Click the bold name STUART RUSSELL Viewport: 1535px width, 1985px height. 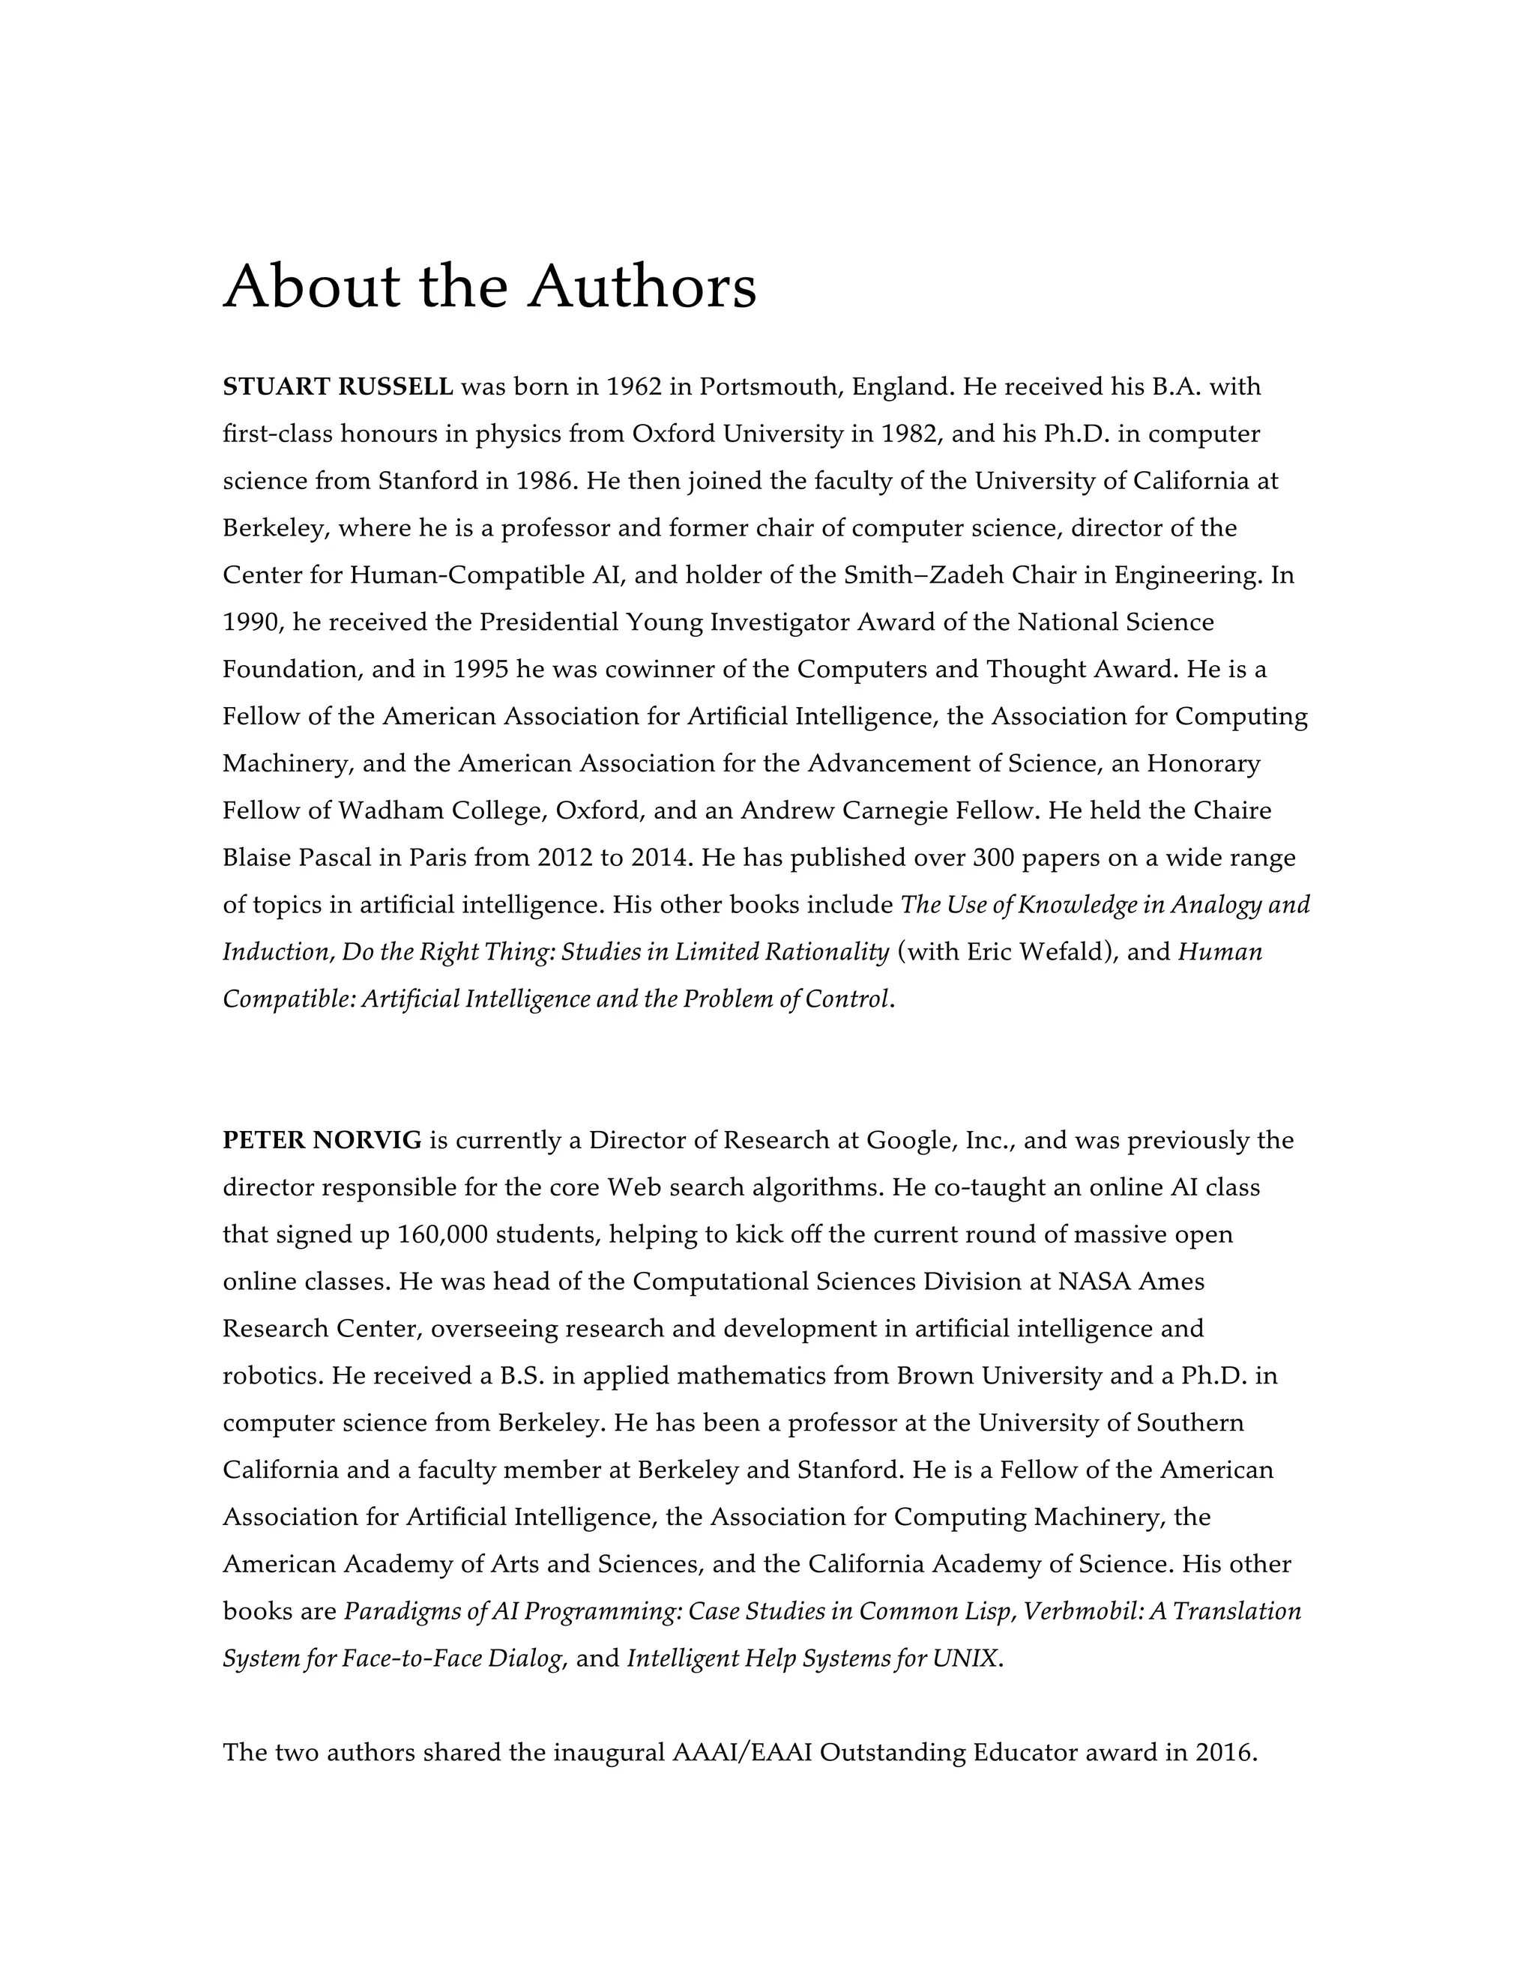pyautogui.click(x=337, y=387)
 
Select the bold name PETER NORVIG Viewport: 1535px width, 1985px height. pyautogui.click(x=322, y=1140)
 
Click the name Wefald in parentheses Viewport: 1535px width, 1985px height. pyautogui.click(x=1058, y=951)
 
